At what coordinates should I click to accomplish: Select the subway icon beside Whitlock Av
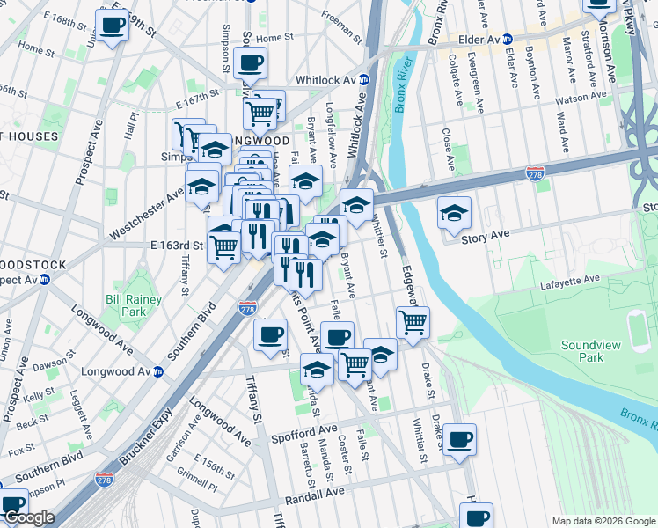(x=364, y=80)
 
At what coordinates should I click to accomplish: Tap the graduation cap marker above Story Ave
(x=454, y=214)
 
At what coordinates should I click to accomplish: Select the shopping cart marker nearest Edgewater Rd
(x=413, y=323)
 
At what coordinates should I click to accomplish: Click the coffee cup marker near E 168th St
(x=112, y=26)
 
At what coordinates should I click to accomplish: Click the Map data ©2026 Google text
(x=603, y=521)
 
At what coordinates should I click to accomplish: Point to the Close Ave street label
(x=448, y=150)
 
